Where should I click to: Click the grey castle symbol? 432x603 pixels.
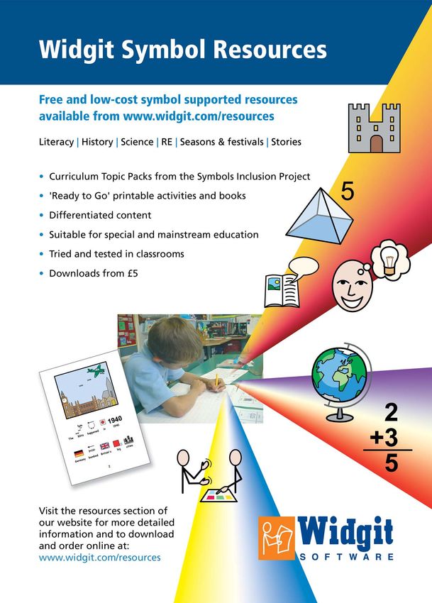375,128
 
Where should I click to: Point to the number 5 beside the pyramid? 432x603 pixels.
347,192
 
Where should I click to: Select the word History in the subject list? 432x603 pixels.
96,142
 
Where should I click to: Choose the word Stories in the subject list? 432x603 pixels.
286,142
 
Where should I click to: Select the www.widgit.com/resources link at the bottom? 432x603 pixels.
100,558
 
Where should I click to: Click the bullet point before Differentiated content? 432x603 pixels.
42,215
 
